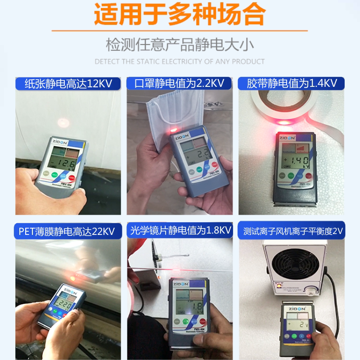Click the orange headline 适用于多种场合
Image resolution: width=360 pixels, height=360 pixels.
[180, 15]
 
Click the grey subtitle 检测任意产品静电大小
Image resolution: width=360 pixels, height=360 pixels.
[180, 45]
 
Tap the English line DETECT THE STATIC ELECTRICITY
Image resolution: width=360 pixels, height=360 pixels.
[180, 61]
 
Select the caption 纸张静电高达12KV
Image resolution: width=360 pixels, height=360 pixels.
[68, 83]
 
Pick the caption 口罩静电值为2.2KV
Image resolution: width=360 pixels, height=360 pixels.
[180, 83]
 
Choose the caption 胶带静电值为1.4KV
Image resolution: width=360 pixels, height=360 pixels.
[292, 83]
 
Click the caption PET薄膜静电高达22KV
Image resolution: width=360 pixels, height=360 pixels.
[68, 231]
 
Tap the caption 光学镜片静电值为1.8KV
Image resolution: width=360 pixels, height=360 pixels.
[180, 231]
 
